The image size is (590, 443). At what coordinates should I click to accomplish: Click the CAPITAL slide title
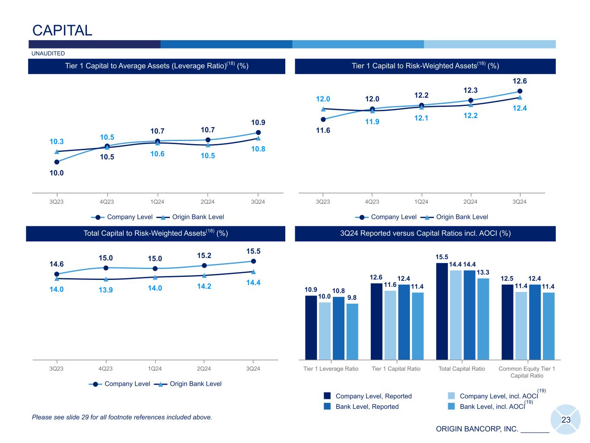coord(62,30)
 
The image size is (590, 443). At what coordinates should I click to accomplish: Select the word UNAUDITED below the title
coord(48,54)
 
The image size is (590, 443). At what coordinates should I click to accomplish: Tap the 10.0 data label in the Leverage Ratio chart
coord(57,173)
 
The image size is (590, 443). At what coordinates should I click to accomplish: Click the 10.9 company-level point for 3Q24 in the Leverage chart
coord(258,132)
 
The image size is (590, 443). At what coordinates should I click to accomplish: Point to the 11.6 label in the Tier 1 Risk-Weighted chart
coord(323,130)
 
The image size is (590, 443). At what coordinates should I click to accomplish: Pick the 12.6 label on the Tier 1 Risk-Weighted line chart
coord(520,81)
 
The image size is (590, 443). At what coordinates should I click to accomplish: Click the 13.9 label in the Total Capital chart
coord(105,290)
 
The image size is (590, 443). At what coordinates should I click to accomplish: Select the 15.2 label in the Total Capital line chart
coord(204,255)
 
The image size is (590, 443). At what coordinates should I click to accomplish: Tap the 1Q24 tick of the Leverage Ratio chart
coord(157,202)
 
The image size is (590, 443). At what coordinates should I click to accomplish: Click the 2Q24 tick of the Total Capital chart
coord(204,369)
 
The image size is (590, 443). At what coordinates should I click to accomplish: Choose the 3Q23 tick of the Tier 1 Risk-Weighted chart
coord(323,202)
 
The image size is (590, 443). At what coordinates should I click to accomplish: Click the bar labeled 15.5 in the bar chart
coord(442,311)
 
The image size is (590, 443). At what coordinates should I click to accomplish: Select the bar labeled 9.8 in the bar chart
coord(352,331)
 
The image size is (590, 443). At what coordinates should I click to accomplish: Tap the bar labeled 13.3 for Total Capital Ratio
coord(483,319)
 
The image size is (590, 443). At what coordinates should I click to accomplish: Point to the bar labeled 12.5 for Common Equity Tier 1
coord(507,322)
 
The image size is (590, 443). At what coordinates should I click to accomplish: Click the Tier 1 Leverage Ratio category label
coord(331,369)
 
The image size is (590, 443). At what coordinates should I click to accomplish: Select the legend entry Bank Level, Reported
coord(367,407)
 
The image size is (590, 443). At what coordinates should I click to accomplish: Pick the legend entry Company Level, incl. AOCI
coord(498,396)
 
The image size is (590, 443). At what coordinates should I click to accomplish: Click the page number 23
coord(566,420)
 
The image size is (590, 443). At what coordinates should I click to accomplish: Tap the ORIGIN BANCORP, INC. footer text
coord(477,429)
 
